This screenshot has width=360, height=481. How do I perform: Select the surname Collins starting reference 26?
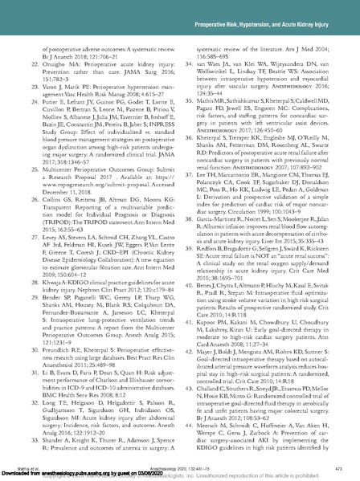pyautogui.click(x=51, y=218)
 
